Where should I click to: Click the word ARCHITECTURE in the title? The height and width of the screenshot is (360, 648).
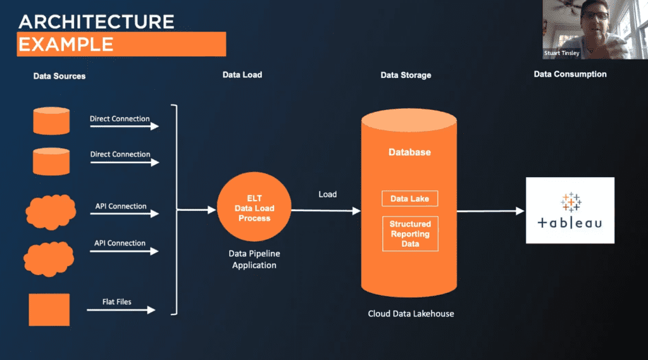96,22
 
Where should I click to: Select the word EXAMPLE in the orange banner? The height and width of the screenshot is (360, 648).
66,44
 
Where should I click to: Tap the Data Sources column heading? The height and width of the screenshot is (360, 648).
59,76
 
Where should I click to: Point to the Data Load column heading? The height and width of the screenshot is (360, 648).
242,75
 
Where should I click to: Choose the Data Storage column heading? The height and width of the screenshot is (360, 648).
406,75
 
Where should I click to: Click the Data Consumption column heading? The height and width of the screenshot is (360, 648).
570,74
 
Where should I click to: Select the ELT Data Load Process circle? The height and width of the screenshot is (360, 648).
254,208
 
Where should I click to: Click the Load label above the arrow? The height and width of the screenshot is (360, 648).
327,194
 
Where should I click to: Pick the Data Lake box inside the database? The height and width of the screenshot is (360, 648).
409,199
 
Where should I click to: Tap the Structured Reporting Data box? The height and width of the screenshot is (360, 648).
409,233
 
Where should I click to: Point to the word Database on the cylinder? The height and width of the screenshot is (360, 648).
409,152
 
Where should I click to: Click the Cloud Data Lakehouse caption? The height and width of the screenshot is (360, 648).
411,314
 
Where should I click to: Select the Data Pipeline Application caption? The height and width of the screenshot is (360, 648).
254,259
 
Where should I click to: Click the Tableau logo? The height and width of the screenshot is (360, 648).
570,210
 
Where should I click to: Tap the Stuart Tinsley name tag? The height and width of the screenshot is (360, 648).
561,54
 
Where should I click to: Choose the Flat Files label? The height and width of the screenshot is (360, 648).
117,302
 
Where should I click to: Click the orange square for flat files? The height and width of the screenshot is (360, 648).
49,309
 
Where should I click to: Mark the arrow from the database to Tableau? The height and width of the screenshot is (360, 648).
490,211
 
